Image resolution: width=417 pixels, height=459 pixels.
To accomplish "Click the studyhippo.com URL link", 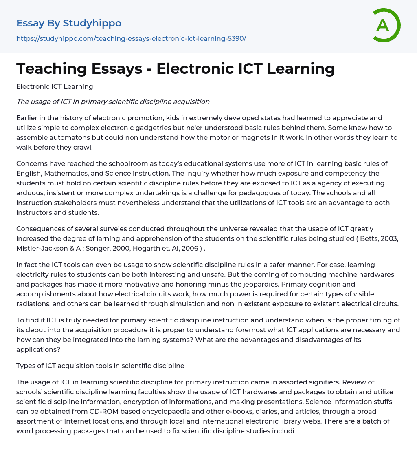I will (131, 38).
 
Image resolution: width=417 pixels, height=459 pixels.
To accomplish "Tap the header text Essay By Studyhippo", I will (69, 23).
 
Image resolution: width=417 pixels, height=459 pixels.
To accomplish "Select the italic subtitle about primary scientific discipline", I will (113, 102).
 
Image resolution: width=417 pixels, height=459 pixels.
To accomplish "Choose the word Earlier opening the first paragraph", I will (28, 118).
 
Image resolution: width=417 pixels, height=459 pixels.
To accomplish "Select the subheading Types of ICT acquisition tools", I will (100, 366).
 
